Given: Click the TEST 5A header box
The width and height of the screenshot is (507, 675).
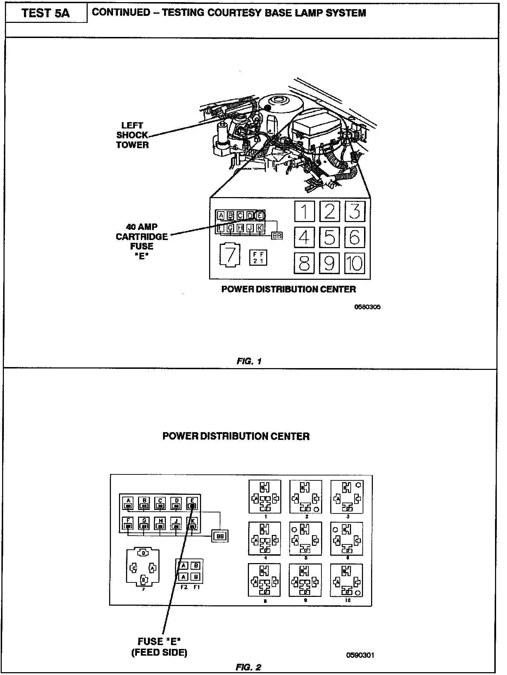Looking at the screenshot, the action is pos(46,13).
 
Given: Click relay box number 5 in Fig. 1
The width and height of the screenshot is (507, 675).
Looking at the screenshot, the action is pos(329,237).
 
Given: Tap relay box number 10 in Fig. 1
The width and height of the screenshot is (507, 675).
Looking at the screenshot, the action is pos(354,263).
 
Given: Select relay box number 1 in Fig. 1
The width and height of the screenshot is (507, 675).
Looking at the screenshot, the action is pos(304,211).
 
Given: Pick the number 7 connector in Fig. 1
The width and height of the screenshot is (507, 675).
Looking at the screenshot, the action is pos(230,254).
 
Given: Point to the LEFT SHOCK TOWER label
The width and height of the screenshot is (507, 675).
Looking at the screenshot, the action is pos(132,135).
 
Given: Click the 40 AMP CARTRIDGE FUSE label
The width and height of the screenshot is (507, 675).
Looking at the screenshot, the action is pos(142,241).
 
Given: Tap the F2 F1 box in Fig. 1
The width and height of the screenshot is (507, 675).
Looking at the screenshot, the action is pos(258,257).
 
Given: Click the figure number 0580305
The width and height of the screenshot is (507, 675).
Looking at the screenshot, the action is pos(367,307).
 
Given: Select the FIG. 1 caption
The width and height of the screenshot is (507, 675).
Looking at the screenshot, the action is pos(249,361).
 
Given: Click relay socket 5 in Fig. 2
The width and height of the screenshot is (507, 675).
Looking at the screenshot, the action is pos(305,538).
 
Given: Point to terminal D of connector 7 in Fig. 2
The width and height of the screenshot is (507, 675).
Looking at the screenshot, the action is pos(144,553).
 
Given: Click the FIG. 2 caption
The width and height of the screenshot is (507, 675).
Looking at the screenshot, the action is pos(248,667).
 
